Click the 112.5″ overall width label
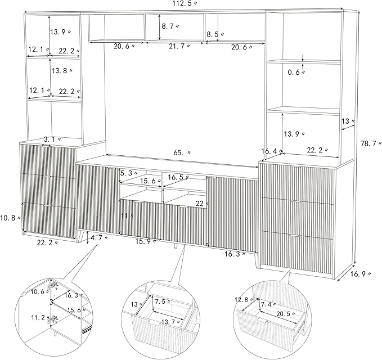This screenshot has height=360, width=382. [185, 3]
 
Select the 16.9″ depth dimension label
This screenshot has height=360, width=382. [361, 274]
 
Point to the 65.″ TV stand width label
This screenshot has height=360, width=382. [182, 153]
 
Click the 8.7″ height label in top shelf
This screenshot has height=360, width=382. [170, 26]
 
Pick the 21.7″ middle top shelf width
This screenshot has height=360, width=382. [179, 46]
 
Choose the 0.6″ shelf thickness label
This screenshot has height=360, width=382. [296, 72]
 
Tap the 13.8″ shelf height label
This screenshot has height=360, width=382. [62, 71]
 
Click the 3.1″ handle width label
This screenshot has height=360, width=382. [52, 139]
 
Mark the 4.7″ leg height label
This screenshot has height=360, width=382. [99, 238]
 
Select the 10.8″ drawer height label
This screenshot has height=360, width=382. [10, 218]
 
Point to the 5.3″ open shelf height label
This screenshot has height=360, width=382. [129, 173]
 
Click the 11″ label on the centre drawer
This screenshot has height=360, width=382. [127, 216]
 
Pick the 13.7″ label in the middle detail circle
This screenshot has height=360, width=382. [172, 322]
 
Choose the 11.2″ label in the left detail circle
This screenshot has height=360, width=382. [41, 317]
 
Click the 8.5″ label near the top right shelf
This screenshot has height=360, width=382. [215, 34]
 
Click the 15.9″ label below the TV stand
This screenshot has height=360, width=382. [146, 241]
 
